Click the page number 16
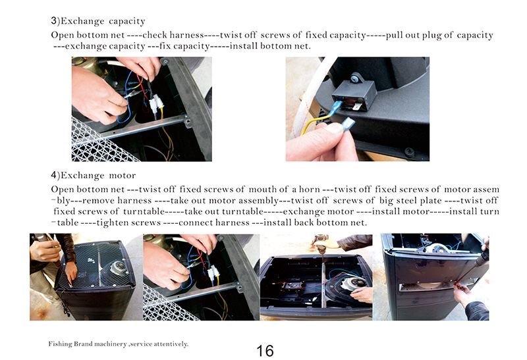pos(265,351)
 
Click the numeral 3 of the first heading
pos(54,20)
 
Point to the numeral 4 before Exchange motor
pos(54,175)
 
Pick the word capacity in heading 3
pos(127,21)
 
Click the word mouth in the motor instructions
pos(261,190)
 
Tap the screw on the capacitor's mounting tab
pos(354,79)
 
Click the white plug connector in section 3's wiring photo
pos(156,103)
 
